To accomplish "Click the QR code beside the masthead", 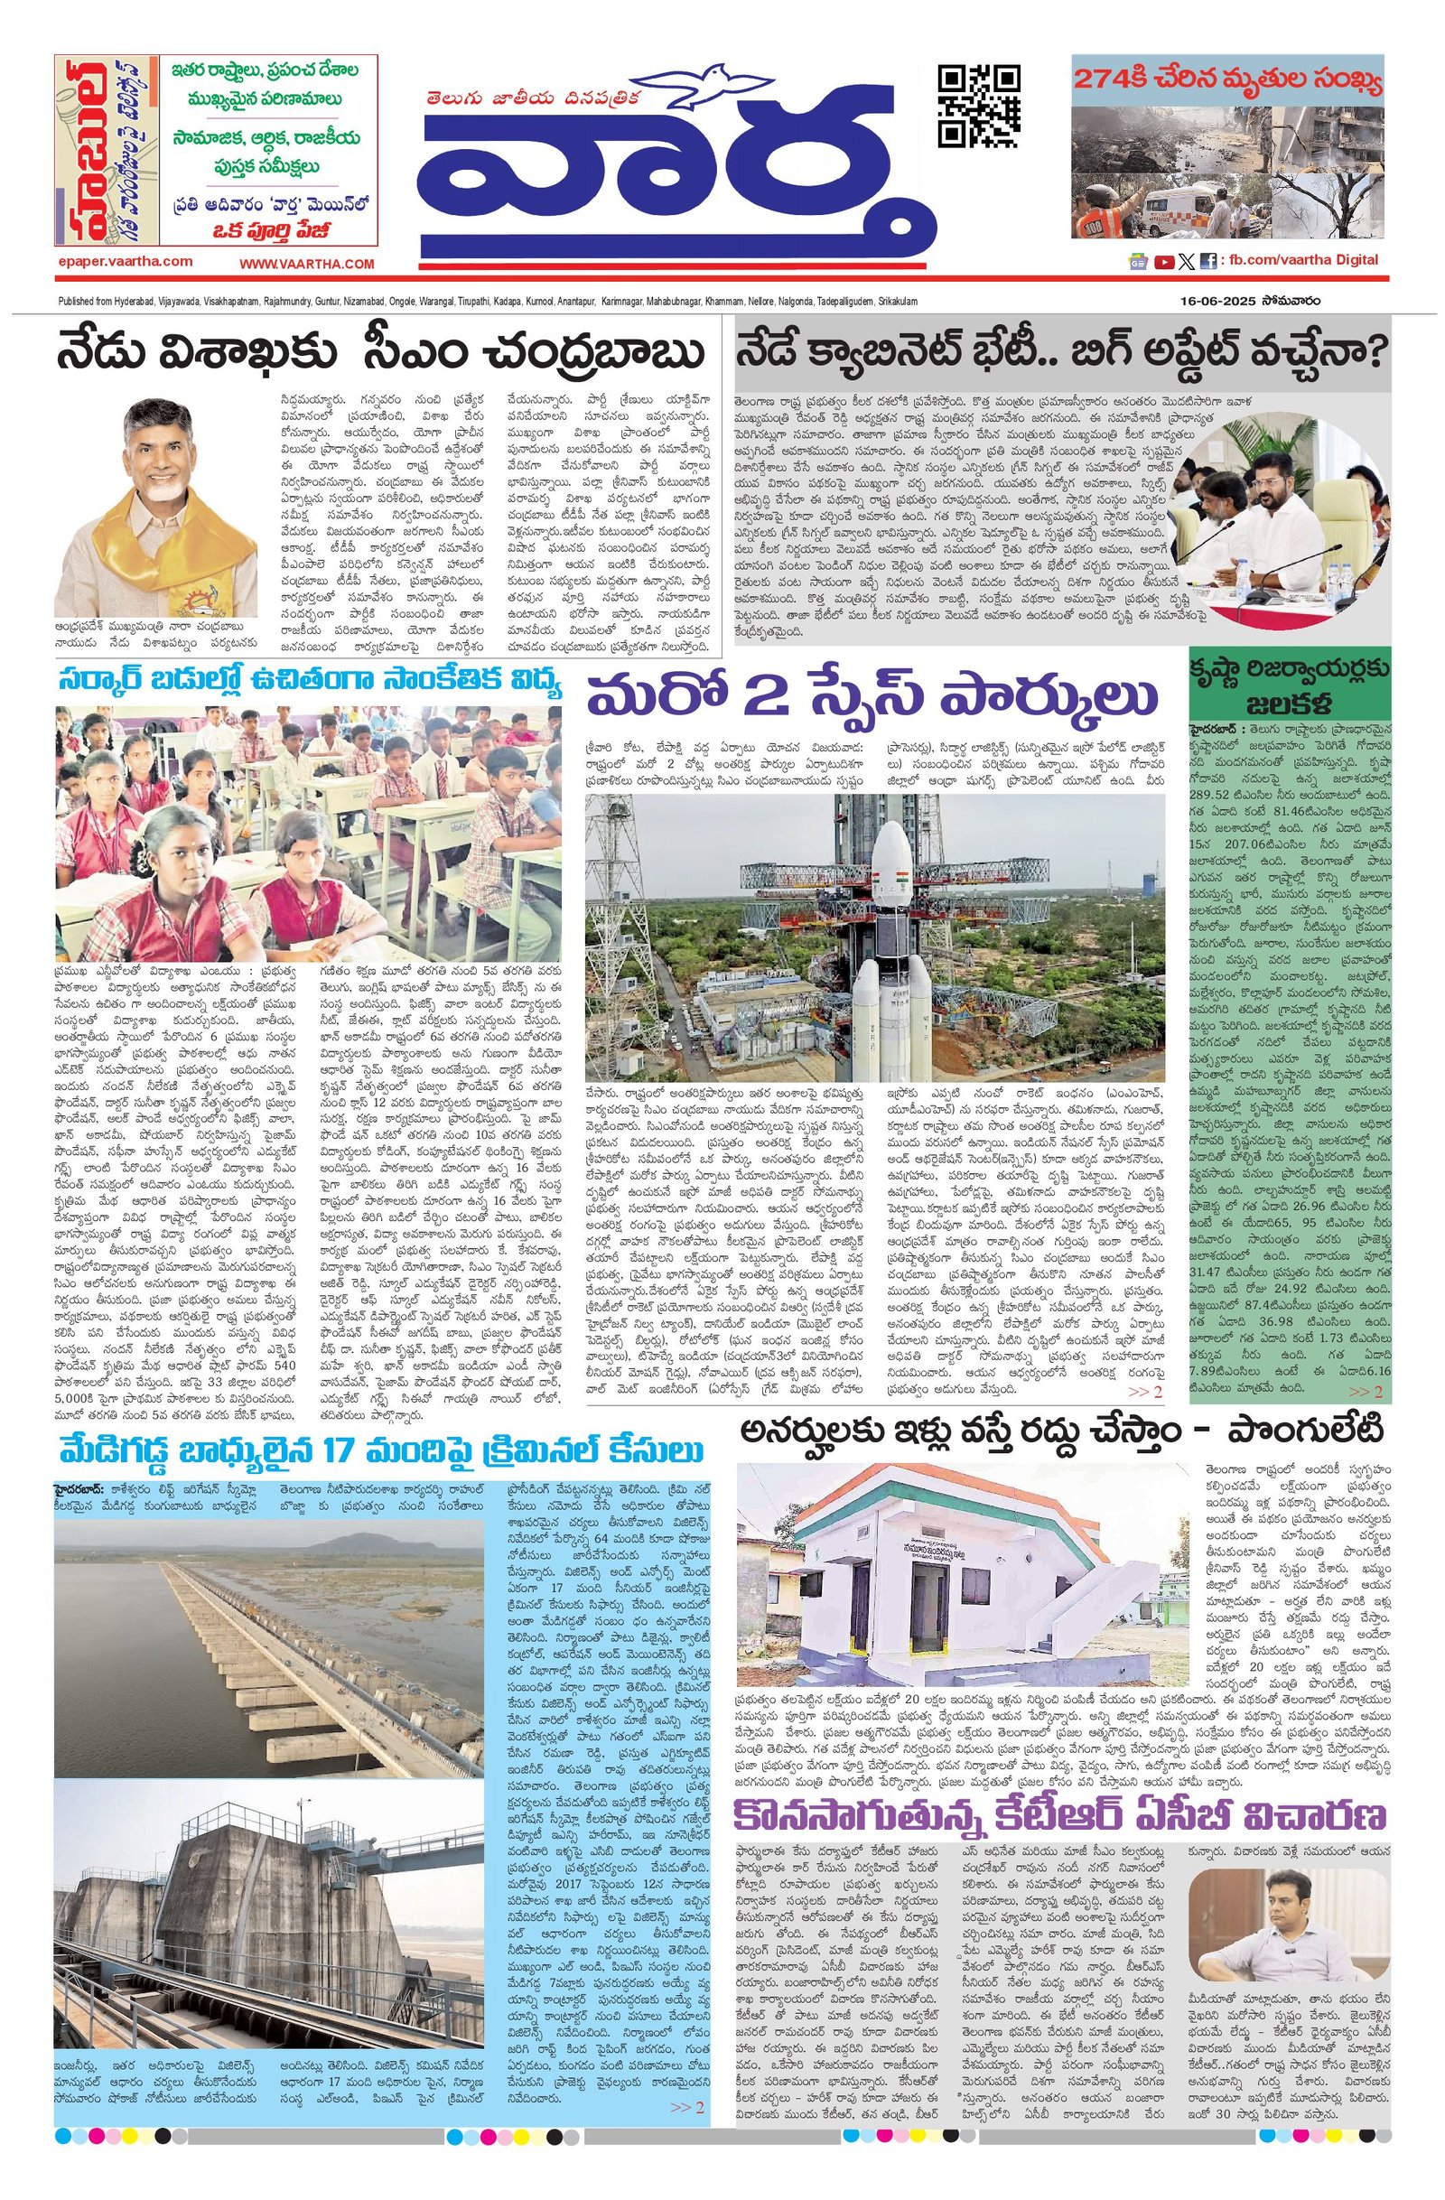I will click(979, 107).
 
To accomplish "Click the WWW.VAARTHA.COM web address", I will click(307, 265).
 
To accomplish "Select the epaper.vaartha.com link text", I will click(125, 262).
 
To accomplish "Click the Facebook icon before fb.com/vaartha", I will click(1207, 262).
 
